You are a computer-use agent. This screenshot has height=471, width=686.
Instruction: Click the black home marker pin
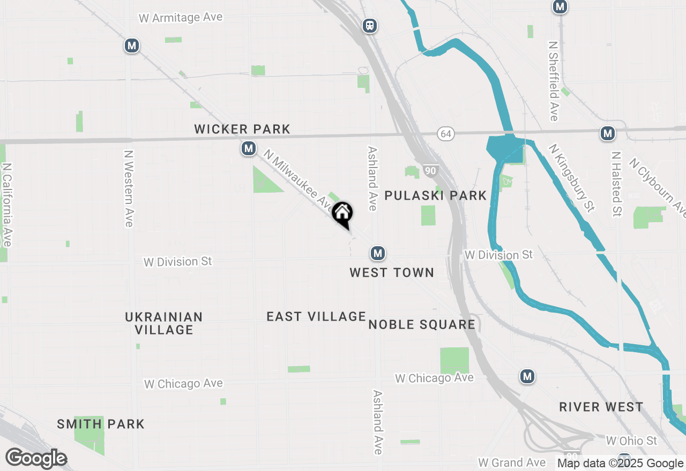(342, 214)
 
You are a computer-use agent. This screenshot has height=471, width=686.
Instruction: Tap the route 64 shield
(446, 134)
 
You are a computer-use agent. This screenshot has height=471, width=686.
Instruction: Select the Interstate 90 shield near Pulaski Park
(430, 171)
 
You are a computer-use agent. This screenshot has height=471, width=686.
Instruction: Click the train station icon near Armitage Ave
(370, 26)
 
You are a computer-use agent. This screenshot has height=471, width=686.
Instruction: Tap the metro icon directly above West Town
(378, 253)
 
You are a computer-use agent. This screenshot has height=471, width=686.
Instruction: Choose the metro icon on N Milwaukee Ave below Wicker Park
(248, 148)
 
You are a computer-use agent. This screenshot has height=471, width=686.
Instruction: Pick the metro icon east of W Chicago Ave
(527, 376)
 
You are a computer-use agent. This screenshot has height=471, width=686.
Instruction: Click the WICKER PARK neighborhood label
(242, 129)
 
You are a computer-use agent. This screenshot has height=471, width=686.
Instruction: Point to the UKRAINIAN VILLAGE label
(164, 323)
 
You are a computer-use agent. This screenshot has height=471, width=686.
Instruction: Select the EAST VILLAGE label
(316, 317)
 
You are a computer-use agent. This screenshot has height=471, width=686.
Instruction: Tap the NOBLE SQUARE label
(422, 324)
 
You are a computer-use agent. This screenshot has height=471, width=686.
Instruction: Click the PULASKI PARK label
(436, 195)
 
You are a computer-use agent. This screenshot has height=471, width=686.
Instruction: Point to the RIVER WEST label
(601, 407)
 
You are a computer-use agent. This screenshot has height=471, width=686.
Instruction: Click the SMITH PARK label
(101, 424)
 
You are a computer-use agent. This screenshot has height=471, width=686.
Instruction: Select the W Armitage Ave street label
(181, 18)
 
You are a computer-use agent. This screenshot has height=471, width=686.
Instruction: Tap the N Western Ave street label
(129, 188)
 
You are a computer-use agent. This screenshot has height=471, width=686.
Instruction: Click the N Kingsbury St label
(571, 178)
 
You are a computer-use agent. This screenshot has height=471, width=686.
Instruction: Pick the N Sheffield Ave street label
(554, 80)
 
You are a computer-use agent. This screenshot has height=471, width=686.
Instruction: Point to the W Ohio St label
(631, 441)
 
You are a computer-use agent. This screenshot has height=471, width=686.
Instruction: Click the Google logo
(36, 459)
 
